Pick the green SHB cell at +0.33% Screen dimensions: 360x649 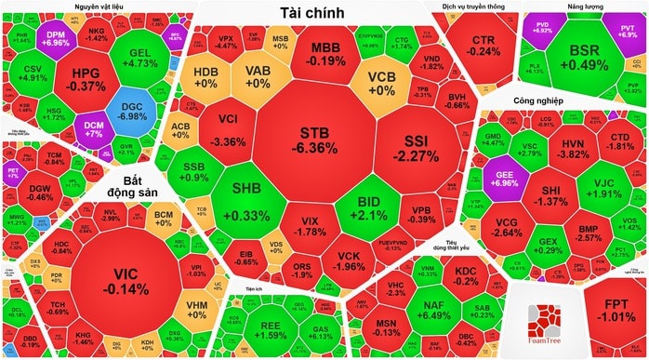point(245,200)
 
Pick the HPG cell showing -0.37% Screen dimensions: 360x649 point(86,78)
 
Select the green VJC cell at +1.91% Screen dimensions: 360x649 point(610,188)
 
